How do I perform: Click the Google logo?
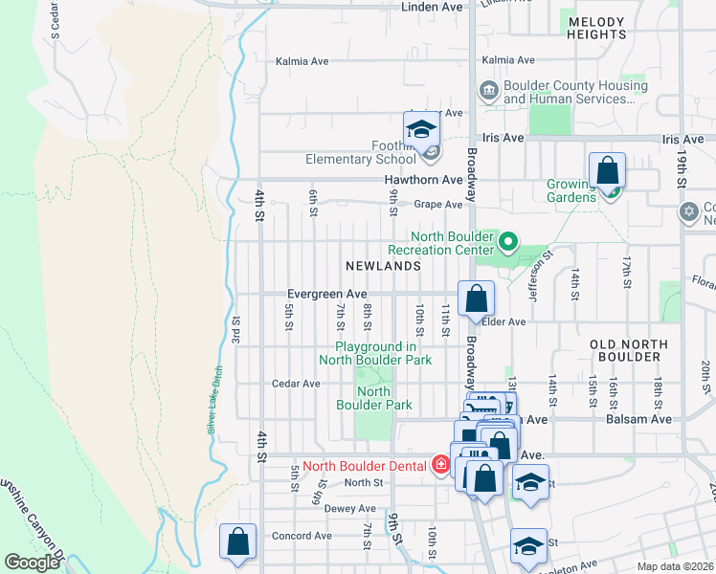32,563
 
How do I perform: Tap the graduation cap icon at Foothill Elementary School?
420,130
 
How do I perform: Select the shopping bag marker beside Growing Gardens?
607,171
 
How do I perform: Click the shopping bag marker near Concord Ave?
237,541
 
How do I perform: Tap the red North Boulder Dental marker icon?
440,466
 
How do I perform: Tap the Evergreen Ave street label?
327,294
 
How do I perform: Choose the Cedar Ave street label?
297,384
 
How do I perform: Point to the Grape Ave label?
437,204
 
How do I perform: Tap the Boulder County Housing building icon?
488,91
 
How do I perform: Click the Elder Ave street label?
504,322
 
